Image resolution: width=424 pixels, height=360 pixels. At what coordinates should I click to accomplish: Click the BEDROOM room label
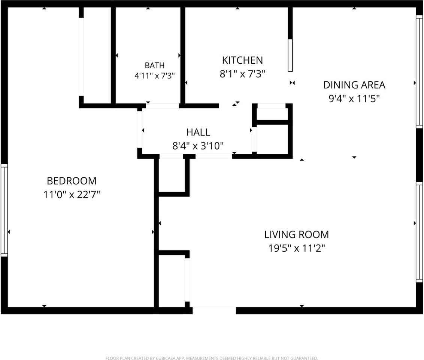pyautogui.click(x=72, y=181)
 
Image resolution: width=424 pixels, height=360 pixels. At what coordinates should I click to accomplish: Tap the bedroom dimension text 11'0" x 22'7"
pyautogui.click(x=72, y=194)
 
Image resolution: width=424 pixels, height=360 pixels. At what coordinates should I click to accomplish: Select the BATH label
pyautogui.click(x=155, y=65)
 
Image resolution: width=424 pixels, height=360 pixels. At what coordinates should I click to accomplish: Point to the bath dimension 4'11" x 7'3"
pyautogui.click(x=155, y=75)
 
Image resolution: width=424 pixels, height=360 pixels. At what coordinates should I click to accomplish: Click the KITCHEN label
pyautogui.click(x=242, y=60)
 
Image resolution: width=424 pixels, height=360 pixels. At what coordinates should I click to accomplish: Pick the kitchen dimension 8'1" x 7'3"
pyautogui.click(x=242, y=73)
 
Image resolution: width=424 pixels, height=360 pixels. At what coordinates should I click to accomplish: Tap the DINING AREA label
pyautogui.click(x=354, y=85)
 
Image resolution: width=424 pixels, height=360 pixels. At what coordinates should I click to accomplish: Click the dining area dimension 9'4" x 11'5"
pyautogui.click(x=354, y=99)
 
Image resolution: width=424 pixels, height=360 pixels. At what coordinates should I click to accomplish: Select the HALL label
pyautogui.click(x=198, y=132)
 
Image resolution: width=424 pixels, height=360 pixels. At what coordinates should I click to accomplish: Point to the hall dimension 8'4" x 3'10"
pyautogui.click(x=198, y=146)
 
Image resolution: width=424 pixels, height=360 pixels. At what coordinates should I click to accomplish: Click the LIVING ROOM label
pyautogui.click(x=297, y=234)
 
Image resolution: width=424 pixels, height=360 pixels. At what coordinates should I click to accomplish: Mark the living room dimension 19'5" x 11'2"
pyautogui.click(x=297, y=248)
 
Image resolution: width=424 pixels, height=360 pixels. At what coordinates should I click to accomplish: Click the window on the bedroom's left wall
pyautogui.click(x=4, y=210)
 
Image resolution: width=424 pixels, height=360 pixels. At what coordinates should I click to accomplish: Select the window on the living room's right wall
pyautogui.click(x=419, y=232)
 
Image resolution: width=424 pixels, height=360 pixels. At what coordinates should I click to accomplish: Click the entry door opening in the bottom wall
pyautogui.click(x=214, y=310)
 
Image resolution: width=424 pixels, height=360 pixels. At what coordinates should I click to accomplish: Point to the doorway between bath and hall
pyautogui.click(x=163, y=106)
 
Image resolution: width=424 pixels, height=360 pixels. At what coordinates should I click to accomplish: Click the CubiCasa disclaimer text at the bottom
pyautogui.click(x=212, y=358)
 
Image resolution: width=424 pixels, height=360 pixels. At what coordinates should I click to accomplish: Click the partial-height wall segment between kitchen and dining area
pyautogui.click(x=290, y=55)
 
